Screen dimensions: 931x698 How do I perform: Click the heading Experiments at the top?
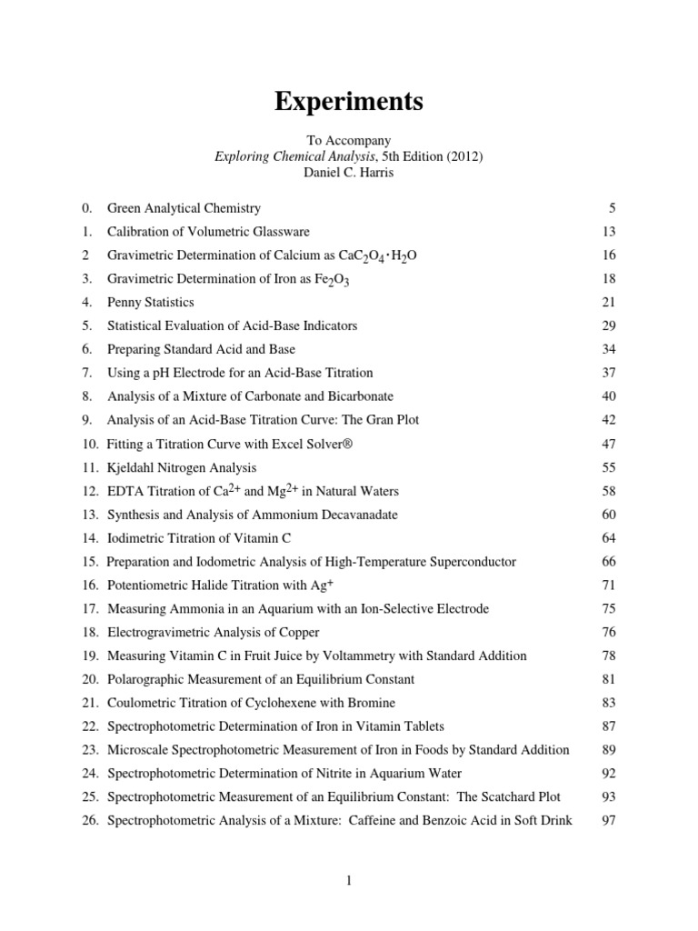[349, 103]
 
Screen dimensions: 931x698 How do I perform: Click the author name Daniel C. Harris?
[349, 172]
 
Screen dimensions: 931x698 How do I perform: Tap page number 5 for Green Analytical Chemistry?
[613, 208]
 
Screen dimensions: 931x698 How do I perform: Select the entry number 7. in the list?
[87, 373]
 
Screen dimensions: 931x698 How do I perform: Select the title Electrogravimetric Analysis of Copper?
[214, 632]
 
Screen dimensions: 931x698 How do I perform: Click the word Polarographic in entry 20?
[145, 679]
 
